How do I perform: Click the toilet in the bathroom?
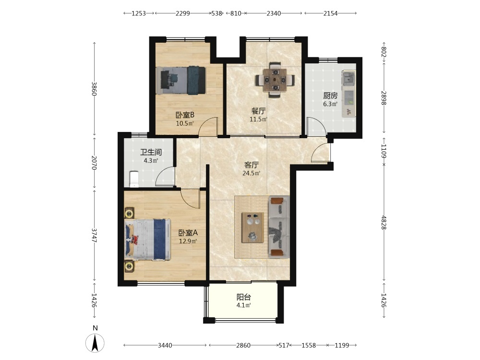[x=134, y=179]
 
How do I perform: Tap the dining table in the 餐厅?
[x=275, y=80]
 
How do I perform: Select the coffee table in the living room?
[x=252, y=228]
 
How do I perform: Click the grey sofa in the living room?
[x=279, y=227]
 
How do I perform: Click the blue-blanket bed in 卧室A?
[x=147, y=239]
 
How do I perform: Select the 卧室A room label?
[x=188, y=233]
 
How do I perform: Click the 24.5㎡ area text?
[x=252, y=173]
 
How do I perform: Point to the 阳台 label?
[x=244, y=297]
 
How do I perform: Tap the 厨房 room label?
[x=330, y=96]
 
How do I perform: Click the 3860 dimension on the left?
[x=94, y=88]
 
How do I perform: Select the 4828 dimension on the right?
[x=384, y=223]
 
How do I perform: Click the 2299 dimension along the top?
[x=183, y=13]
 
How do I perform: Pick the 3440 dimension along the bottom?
[x=165, y=345]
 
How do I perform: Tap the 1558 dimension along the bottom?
[x=309, y=345]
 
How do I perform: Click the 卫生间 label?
[x=151, y=152]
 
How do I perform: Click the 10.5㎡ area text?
[x=185, y=123]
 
